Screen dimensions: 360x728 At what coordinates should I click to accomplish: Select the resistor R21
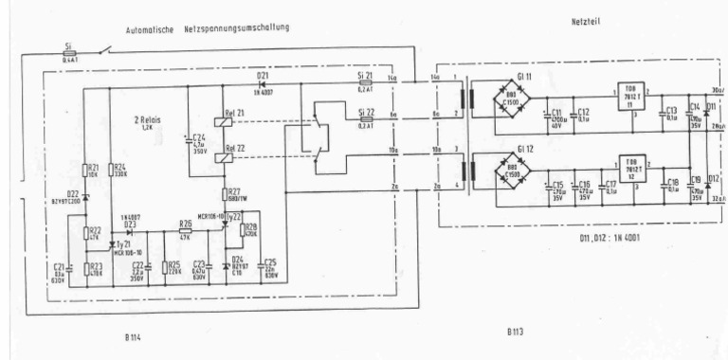pos(84,171)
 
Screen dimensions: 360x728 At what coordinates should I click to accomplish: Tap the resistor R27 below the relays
pos(227,196)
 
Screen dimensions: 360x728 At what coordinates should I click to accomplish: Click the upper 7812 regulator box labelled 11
pos(632,99)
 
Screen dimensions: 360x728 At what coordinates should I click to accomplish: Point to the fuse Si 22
pos(365,120)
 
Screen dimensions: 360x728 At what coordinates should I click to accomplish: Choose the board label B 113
pos(515,333)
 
